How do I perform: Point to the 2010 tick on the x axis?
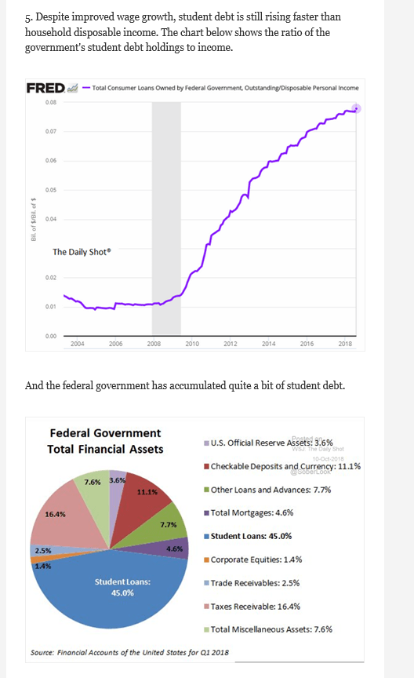click(x=192, y=344)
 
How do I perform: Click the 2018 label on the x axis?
click(x=345, y=344)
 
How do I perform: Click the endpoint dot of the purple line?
click(x=358, y=108)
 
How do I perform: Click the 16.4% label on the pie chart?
click(x=56, y=515)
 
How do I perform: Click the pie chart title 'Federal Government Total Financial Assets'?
click(x=105, y=440)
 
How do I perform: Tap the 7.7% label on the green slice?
click(x=167, y=523)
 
